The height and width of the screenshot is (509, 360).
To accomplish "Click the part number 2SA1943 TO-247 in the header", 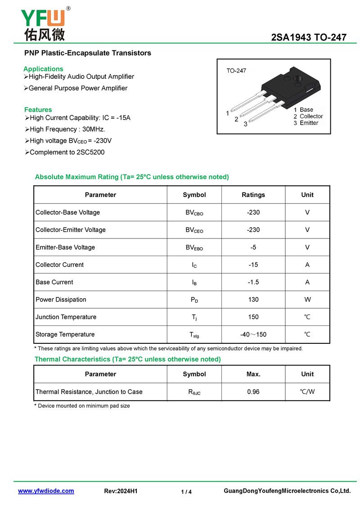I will point(309,37).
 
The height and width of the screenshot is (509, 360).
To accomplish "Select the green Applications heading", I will point(43,69).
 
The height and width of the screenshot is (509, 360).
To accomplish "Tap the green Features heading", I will point(38,109).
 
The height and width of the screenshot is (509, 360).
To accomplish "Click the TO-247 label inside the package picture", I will point(236,71).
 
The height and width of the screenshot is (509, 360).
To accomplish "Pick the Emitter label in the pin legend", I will point(309,123).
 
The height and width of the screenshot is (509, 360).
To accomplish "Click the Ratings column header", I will point(253,195).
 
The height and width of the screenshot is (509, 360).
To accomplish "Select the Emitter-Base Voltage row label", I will point(65,247).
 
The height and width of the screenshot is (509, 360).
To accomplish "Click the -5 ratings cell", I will point(253,247).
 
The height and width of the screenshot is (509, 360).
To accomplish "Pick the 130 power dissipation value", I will point(253,299).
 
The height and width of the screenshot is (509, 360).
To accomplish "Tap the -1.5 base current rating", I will point(253,282).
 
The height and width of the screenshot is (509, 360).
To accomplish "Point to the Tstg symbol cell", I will point(194,334).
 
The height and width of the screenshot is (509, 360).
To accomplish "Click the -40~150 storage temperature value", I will point(253,334).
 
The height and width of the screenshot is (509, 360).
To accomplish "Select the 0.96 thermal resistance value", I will point(253,392).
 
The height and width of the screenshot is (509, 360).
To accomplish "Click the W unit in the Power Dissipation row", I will point(307,299).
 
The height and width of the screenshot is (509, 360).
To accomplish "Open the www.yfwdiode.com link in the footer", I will point(46,491).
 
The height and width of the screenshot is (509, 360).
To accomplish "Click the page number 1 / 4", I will point(186,492).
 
